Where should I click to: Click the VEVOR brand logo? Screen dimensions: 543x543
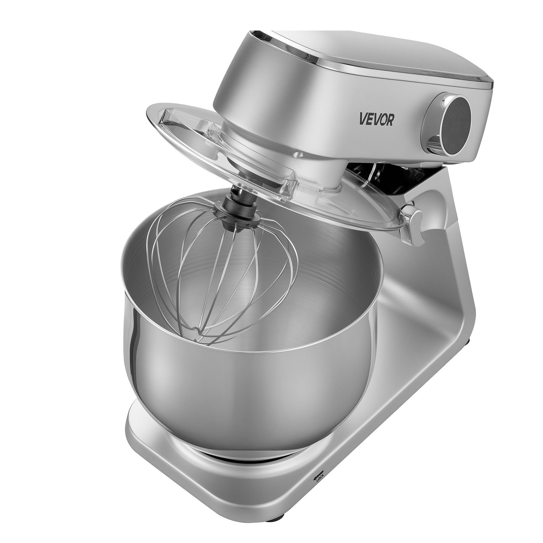pyautogui.click(x=376, y=120)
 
